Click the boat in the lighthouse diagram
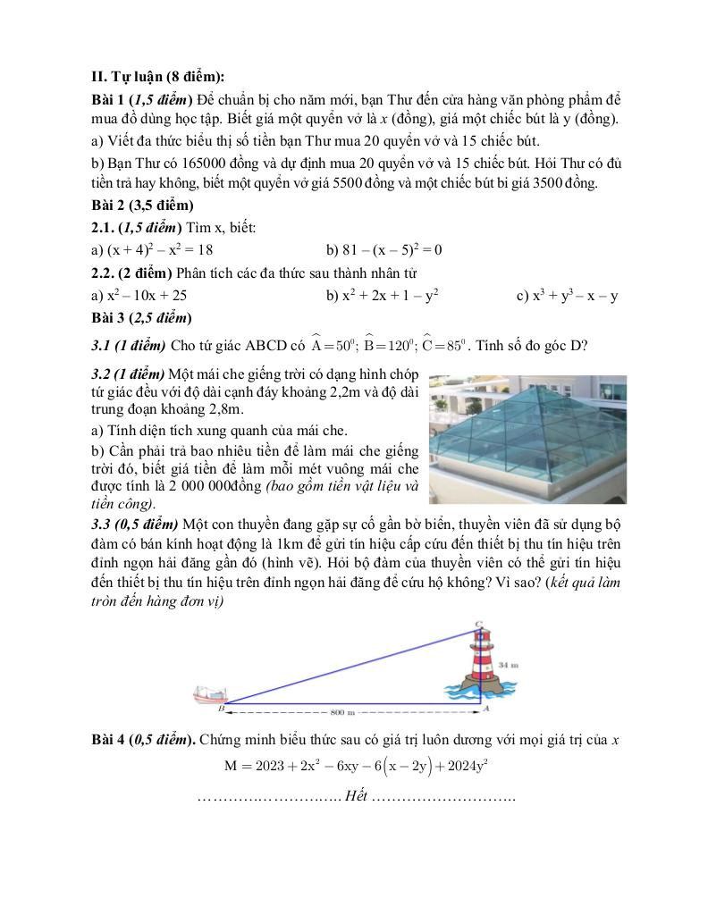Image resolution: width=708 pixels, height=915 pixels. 211,694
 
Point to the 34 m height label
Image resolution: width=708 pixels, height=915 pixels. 509,665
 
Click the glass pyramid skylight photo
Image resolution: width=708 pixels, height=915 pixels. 527,439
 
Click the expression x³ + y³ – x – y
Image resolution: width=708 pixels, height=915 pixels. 567,295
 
